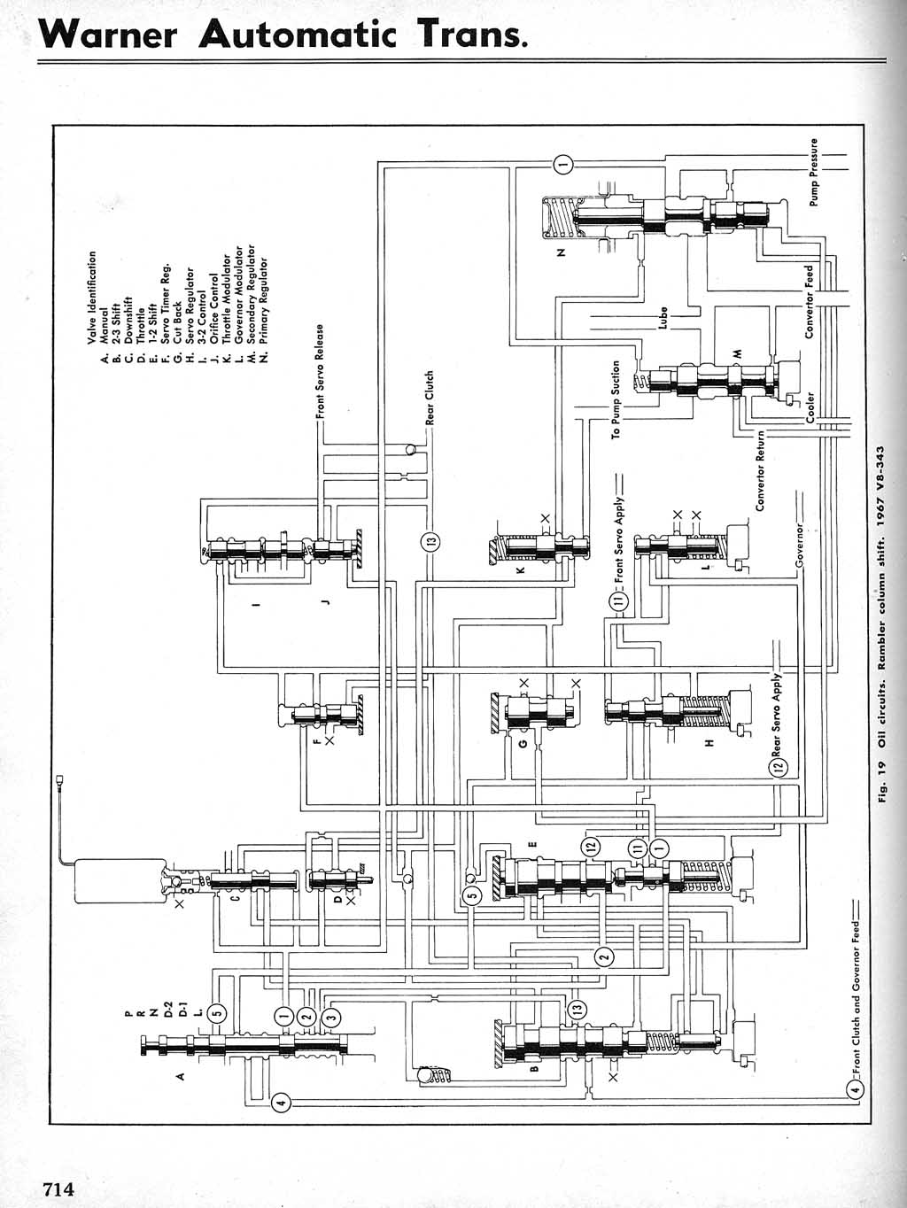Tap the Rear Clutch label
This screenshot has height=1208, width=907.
pos(430,398)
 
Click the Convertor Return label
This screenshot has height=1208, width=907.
pos(760,470)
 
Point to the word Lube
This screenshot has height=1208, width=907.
pos(663,318)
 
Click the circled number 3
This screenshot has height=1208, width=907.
pos(330,1017)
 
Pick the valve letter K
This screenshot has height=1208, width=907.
pos(521,570)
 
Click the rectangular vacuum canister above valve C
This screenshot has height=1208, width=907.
pos(120,880)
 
